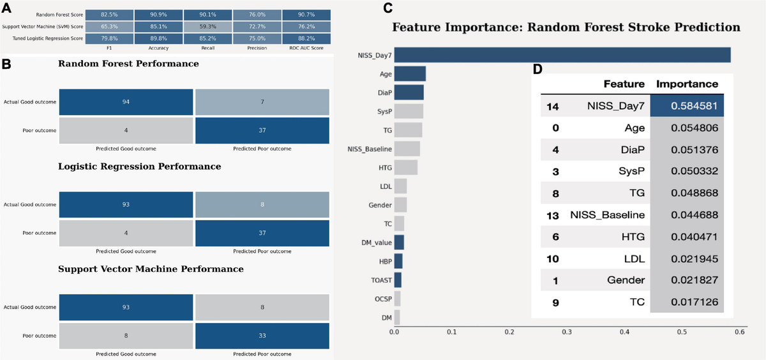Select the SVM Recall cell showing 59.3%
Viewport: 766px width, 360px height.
[206, 27]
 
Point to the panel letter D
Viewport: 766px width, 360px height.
[537, 69]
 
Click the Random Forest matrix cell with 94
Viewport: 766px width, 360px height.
[125, 102]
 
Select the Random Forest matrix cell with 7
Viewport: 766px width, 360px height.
[262, 102]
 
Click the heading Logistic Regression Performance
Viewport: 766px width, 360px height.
[139, 167]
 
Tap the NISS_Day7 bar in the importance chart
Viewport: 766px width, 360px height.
[562, 56]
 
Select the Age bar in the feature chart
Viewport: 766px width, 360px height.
[410, 74]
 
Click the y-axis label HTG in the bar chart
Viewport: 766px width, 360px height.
[385, 168]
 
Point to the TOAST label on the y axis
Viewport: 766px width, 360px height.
[382, 280]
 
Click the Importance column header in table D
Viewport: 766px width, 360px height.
[687, 84]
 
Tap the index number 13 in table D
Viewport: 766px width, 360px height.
[553, 215]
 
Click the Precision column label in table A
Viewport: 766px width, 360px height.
[256, 47]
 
